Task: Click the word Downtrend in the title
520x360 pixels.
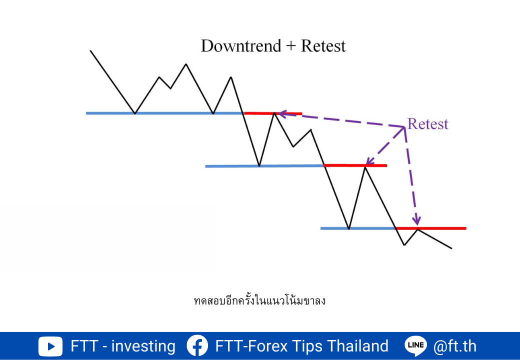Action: coord(241,45)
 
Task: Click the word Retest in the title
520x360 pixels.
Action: coord(323,45)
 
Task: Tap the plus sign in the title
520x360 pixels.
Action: coord(291,46)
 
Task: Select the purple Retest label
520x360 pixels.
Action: coord(428,123)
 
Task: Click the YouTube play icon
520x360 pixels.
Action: coord(50,346)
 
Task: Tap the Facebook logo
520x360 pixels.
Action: coord(197,345)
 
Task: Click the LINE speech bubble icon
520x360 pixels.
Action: coord(416,346)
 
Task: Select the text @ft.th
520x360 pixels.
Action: coord(455,346)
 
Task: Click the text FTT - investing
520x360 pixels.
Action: coord(123,346)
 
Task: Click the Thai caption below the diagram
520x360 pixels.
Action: coord(259,300)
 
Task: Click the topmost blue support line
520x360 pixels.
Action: coord(165,113)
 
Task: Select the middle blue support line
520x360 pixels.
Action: coord(264,166)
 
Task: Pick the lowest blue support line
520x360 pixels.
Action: coord(358,228)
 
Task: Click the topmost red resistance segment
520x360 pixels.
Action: coord(273,113)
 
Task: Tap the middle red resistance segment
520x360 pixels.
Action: coord(355,165)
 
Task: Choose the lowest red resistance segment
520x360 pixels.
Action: coord(431,228)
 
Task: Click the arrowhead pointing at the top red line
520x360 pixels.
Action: coord(282,114)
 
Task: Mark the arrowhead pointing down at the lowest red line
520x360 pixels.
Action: coord(416,221)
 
